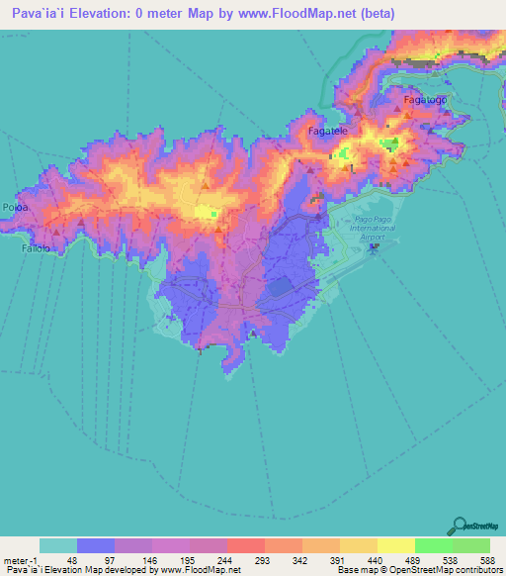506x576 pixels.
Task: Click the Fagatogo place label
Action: point(424,101)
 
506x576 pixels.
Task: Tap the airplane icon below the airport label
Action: point(374,246)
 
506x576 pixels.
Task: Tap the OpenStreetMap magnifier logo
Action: point(461,526)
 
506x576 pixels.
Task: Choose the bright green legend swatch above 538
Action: point(433,545)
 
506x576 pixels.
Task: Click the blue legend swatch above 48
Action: point(96,545)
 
